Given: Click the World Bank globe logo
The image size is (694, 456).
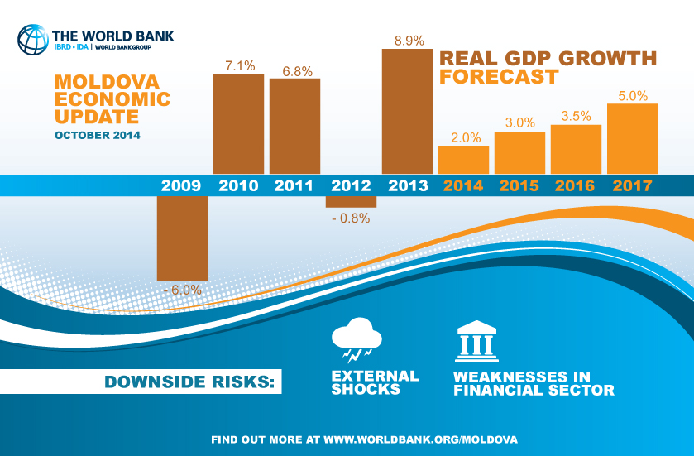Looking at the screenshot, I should pos(33,39).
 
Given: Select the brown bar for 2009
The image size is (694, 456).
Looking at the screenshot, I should pos(182,238).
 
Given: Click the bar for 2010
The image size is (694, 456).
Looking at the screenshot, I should pos(238,124).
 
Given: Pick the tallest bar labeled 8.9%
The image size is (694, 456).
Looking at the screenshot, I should pos(406,111).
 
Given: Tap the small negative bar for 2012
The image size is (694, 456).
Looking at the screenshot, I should pos(351,201).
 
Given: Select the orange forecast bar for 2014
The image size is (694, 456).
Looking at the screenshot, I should pos(463,159).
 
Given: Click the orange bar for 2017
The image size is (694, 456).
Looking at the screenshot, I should pos(632,138).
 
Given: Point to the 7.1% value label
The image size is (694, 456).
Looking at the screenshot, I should pos(238,65).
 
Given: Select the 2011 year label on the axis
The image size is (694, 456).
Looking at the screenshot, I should pos(294,185).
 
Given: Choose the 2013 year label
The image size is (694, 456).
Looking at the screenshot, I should pos(406,185).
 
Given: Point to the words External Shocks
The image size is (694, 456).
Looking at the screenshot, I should pos(375,382).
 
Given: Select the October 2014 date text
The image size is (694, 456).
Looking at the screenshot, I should pos(97,134).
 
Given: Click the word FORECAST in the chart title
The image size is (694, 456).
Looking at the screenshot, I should pos(498,77).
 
